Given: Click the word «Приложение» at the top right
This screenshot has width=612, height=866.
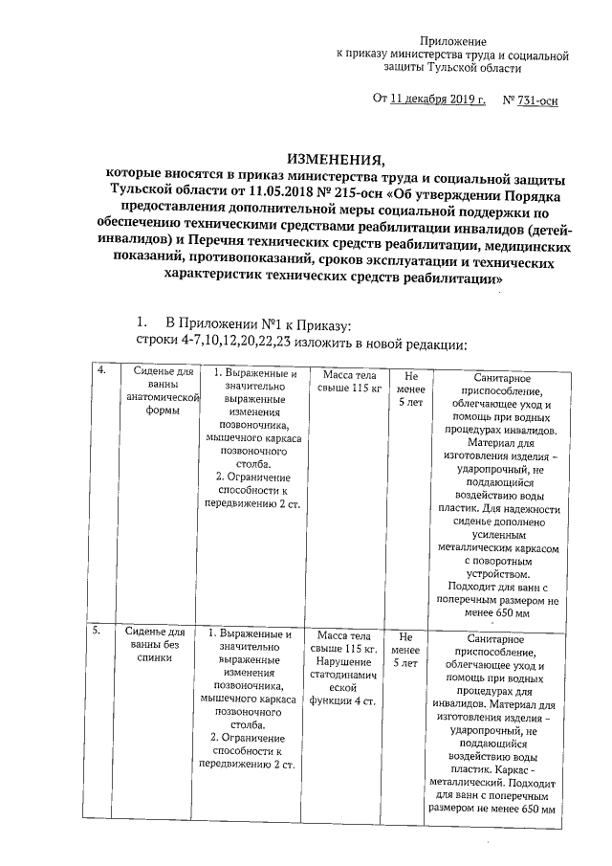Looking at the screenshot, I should [454, 43].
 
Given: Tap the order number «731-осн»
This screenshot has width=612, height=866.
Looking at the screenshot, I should [537, 100].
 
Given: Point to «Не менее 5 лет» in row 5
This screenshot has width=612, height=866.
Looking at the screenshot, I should [405, 649].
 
